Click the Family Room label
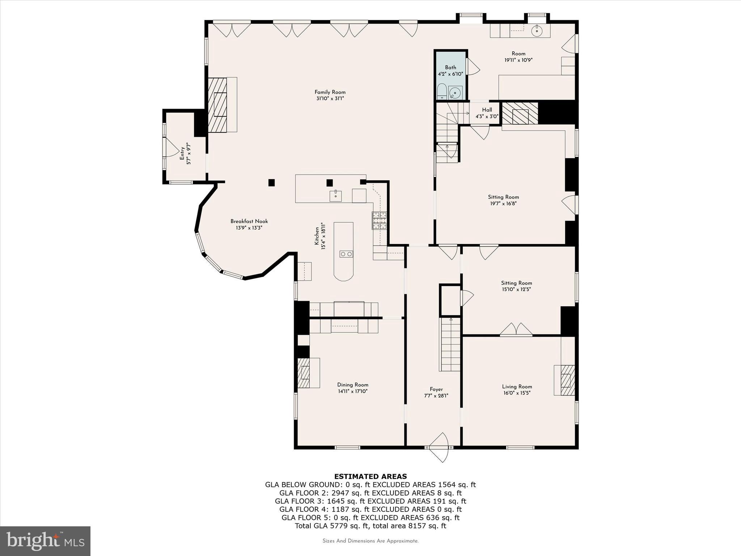pyautogui.click(x=330, y=92)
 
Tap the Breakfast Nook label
pyautogui.click(x=249, y=221)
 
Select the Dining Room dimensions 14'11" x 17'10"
pyautogui.click(x=352, y=391)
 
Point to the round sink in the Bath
pyautogui.click(x=455, y=93)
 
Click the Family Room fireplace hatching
pyautogui.click(x=217, y=105)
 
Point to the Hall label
pyautogui.click(x=487, y=110)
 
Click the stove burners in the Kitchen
pyautogui.click(x=379, y=220)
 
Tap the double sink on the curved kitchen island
pyautogui.click(x=346, y=254)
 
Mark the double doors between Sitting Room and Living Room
pyautogui.click(x=516, y=329)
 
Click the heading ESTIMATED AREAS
pyautogui.click(x=370, y=476)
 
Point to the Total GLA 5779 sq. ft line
pyautogui.click(x=370, y=526)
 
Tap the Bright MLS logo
pyautogui.click(x=45, y=541)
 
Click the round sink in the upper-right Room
pyautogui.click(x=537, y=31)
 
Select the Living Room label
pyautogui.click(x=517, y=386)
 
